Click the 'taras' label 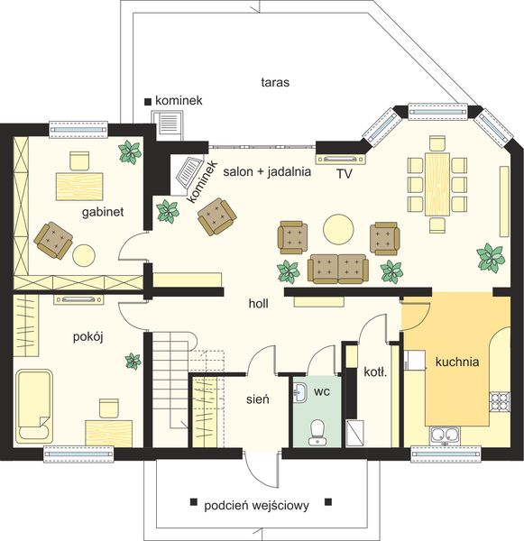[275, 82]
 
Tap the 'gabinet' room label [103, 212]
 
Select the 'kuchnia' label [457, 362]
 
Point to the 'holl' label [259, 304]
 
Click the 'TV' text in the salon [345, 174]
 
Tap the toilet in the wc [317, 432]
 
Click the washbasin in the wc [300, 392]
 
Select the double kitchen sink [445, 436]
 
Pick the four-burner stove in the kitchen [500, 402]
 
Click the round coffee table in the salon [338, 229]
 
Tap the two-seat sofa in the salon [338, 269]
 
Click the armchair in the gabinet [53, 240]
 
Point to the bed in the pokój [34, 407]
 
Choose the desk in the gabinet [79, 187]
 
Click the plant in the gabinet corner [130, 151]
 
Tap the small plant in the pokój [133, 361]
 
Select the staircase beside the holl [170, 381]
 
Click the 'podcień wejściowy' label [256, 506]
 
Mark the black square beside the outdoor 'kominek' [148, 102]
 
